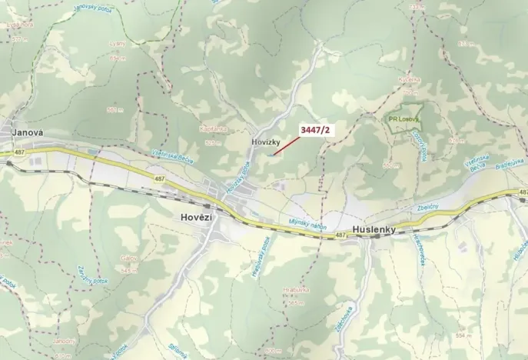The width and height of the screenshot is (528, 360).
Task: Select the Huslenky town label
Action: [x=374, y=229]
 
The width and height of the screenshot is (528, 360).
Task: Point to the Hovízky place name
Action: [x=263, y=142]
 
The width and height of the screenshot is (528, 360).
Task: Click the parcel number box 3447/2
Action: [x=315, y=131]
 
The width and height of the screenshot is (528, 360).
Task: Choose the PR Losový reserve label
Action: [x=402, y=119]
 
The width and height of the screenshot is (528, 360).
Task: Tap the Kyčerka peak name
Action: [x=410, y=80]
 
